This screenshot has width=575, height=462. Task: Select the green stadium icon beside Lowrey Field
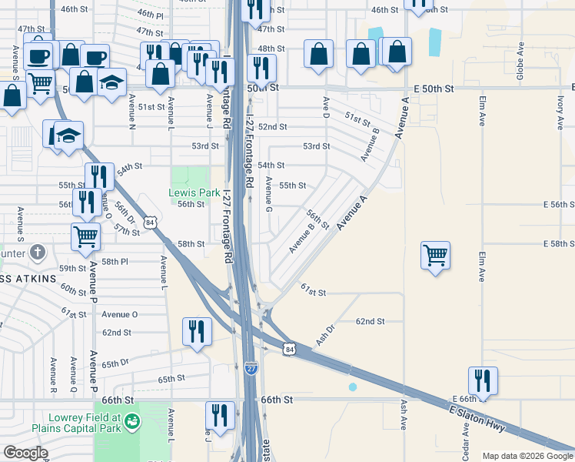point(132,421)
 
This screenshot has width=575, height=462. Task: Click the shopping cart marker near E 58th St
point(435,254)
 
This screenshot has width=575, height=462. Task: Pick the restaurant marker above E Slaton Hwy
point(483,380)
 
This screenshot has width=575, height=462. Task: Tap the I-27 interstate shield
point(251,368)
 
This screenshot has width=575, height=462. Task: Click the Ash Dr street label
point(326,333)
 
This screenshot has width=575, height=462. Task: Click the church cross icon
point(38,252)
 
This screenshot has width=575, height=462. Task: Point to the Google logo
point(25,453)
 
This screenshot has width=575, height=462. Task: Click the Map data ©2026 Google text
point(527,456)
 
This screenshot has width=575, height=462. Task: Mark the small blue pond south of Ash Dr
point(352,387)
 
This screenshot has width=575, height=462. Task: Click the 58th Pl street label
point(114,262)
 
